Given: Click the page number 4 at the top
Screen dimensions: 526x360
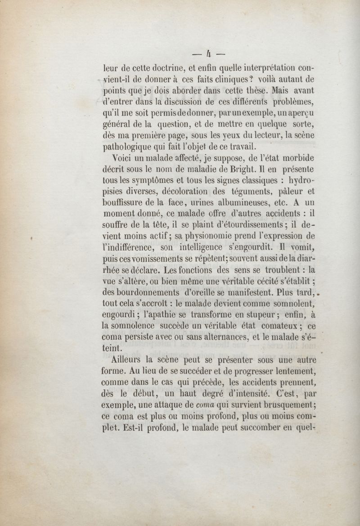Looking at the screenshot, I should click(x=208, y=54).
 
